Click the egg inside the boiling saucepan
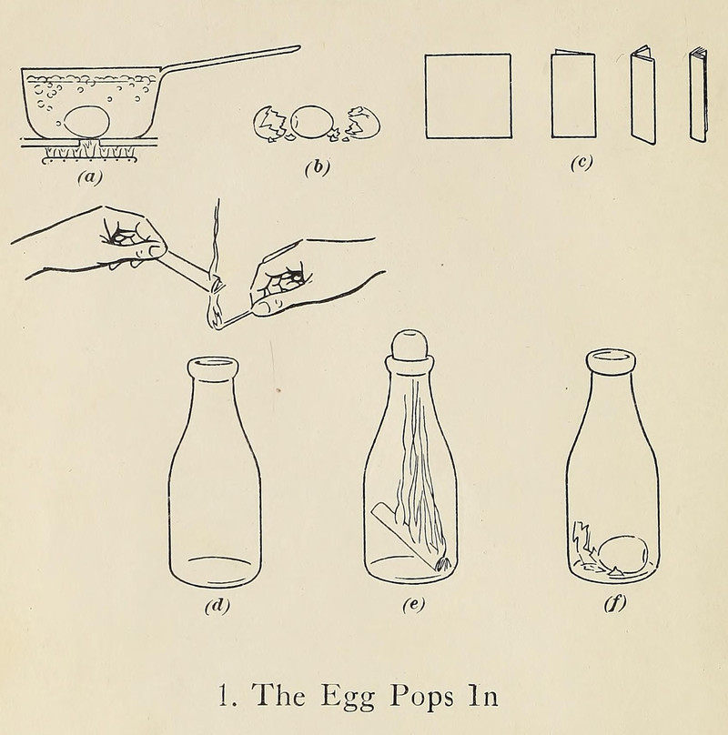pyautogui.click(x=86, y=122)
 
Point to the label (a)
pyautogui.click(x=89, y=176)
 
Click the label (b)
pyautogui.click(x=317, y=167)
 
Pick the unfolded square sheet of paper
pyautogui.click(x=468, y=96)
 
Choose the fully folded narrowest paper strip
pyautogui.click(x=699, y=96)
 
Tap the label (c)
pyautogui.click(x=581, y=162)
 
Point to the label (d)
pyautogui.click(x=217, y=606)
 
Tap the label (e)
pyautogui.click(x=414, y=604)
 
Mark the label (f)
pyautogui.click(x=615, y=603)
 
